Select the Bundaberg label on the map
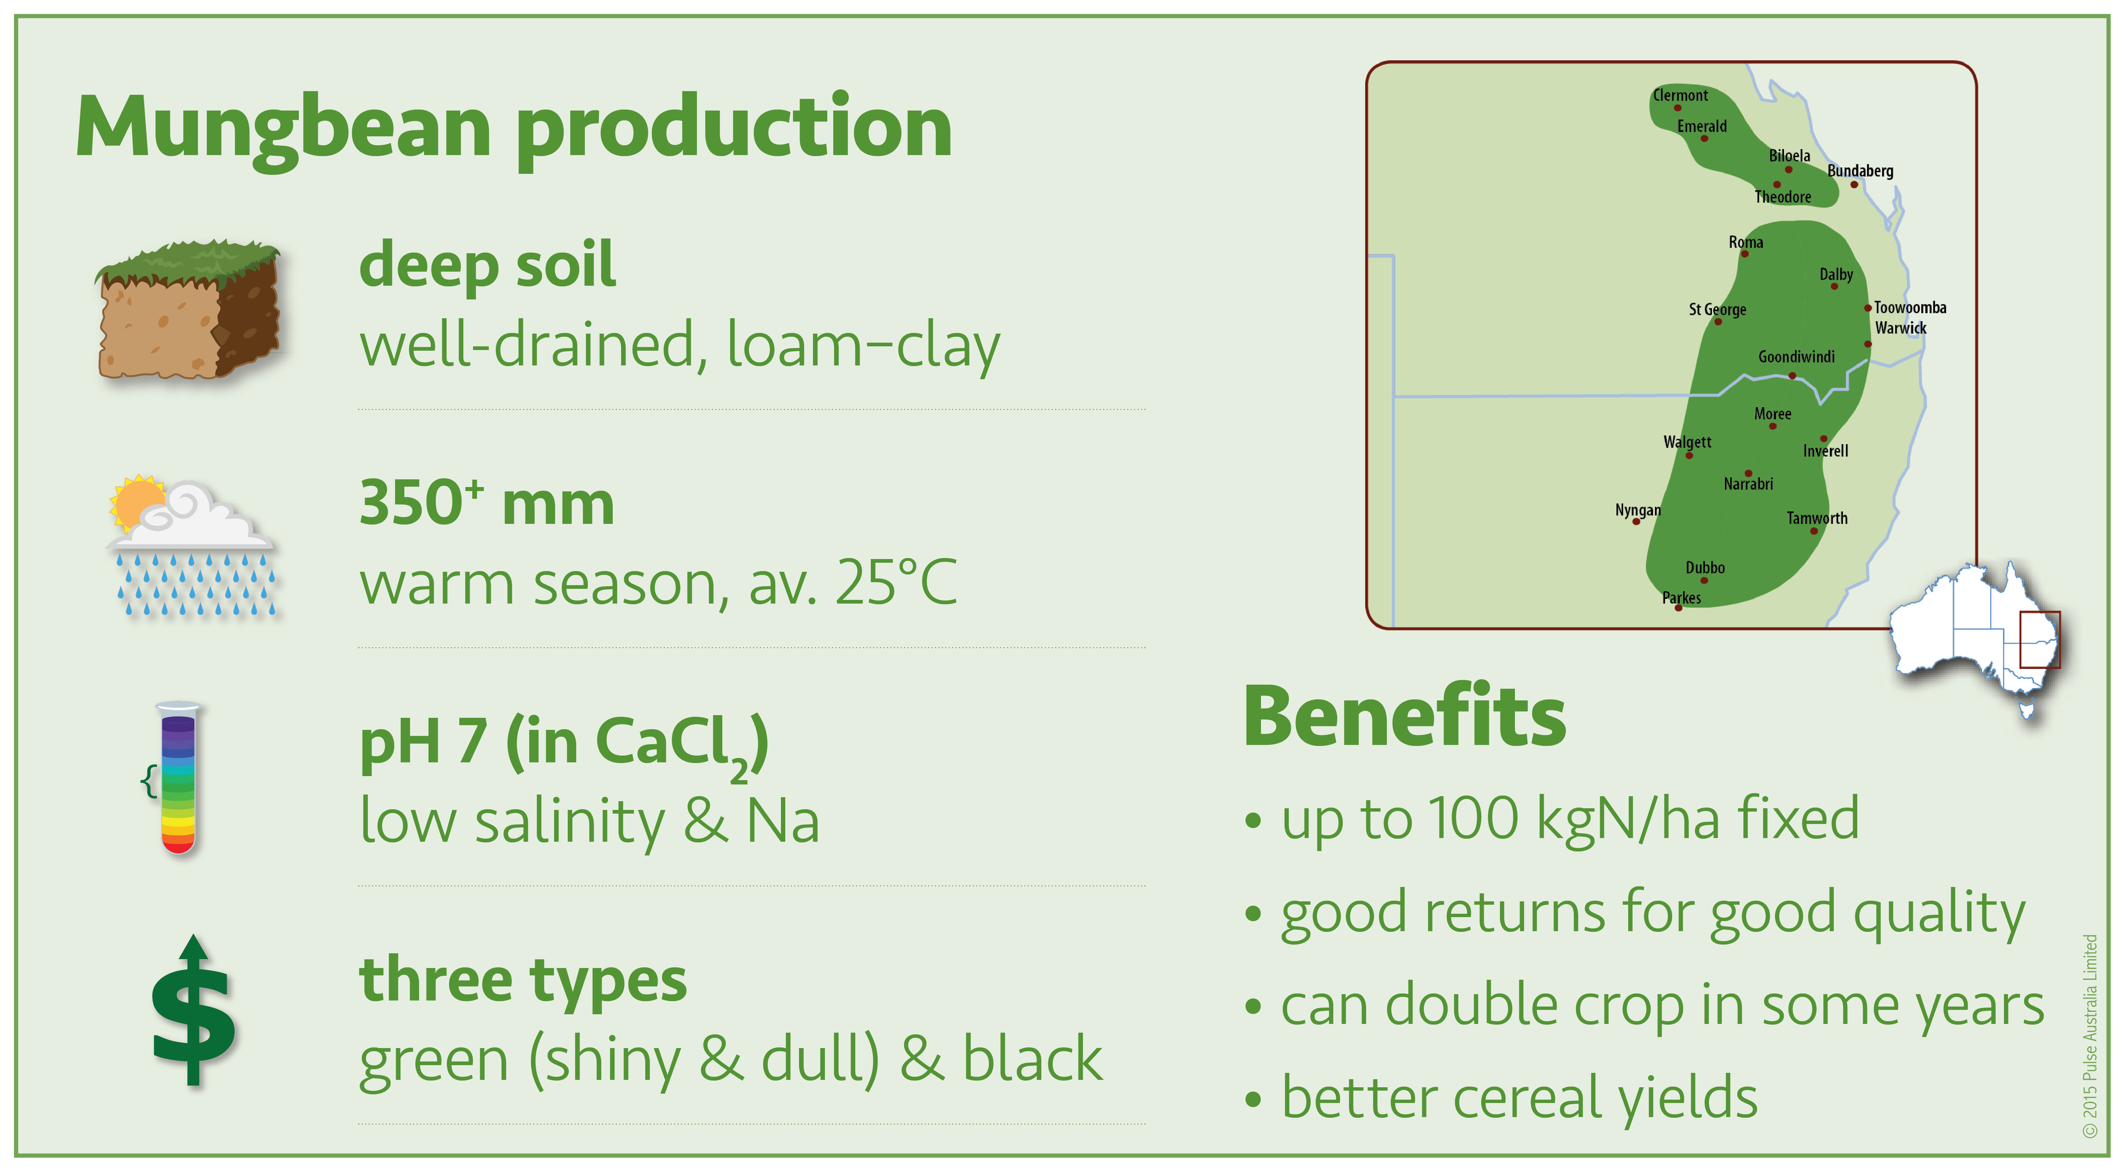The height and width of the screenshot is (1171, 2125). click(1860, 171)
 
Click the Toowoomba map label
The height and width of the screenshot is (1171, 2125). click(1910, 307)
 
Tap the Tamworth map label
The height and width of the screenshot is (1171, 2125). click(1817, 518)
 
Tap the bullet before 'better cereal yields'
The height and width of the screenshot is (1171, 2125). click(1253, 1099)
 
